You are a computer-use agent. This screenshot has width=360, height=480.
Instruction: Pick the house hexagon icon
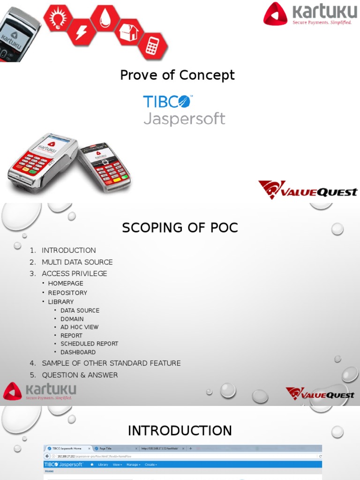tap(128, 31)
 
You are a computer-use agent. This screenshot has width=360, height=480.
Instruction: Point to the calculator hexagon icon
tap(152, 46)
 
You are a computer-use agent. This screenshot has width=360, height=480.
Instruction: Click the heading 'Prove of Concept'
tap(177, 75)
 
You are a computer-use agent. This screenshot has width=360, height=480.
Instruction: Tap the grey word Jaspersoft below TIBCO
tap(184, 118)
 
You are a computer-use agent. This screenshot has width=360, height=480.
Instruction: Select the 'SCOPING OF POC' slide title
tap(180, 228)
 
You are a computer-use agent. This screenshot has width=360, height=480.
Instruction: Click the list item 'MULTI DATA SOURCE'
tap(77, 262)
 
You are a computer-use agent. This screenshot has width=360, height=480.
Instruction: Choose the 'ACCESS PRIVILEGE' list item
tap(74, 273)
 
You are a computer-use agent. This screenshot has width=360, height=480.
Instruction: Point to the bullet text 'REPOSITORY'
tap(67, 292)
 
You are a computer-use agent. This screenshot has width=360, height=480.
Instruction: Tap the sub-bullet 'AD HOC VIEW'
tap(79, 327)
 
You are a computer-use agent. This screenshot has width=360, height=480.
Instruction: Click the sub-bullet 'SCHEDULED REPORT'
tap(89, 344)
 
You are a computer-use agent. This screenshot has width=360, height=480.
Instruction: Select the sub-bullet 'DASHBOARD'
tap(78, 352)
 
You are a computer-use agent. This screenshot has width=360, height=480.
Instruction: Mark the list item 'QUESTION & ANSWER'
tap(80, 375)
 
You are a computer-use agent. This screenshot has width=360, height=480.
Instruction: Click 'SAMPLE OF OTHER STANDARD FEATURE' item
tap(111, 363)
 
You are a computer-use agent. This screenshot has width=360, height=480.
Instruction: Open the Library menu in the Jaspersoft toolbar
tap(103, 465)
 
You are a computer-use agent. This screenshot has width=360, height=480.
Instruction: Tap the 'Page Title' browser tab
tap(105, 449)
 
